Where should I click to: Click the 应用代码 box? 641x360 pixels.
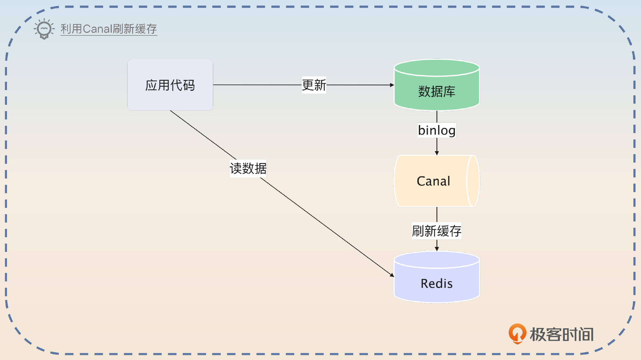[170, 85]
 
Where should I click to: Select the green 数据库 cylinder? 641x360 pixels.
[436, 91]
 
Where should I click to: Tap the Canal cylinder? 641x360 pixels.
[433, 181]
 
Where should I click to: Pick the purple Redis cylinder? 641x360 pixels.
[436, 283]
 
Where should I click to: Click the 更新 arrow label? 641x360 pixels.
[314, 85]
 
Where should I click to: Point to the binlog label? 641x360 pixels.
[437, 130]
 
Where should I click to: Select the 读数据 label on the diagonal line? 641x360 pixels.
[248, 168]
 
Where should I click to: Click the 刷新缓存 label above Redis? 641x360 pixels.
[436, 231]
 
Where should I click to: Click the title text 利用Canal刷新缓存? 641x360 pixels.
[109, 29]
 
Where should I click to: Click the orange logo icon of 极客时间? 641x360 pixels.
[517, 333]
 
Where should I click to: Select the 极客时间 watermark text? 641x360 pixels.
[562, 334]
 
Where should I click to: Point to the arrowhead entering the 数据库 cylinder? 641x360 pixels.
[392, 85]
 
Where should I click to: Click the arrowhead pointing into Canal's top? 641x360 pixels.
[437, 153]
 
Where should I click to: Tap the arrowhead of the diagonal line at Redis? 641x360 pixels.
[392, 275]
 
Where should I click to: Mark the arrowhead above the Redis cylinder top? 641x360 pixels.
[437, 249]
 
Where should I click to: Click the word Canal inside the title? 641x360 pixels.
[97, 29]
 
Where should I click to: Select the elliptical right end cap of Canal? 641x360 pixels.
[473, 181]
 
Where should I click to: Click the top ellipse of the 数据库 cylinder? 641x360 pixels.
[436, 68]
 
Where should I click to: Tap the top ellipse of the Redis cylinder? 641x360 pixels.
[436, 260]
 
